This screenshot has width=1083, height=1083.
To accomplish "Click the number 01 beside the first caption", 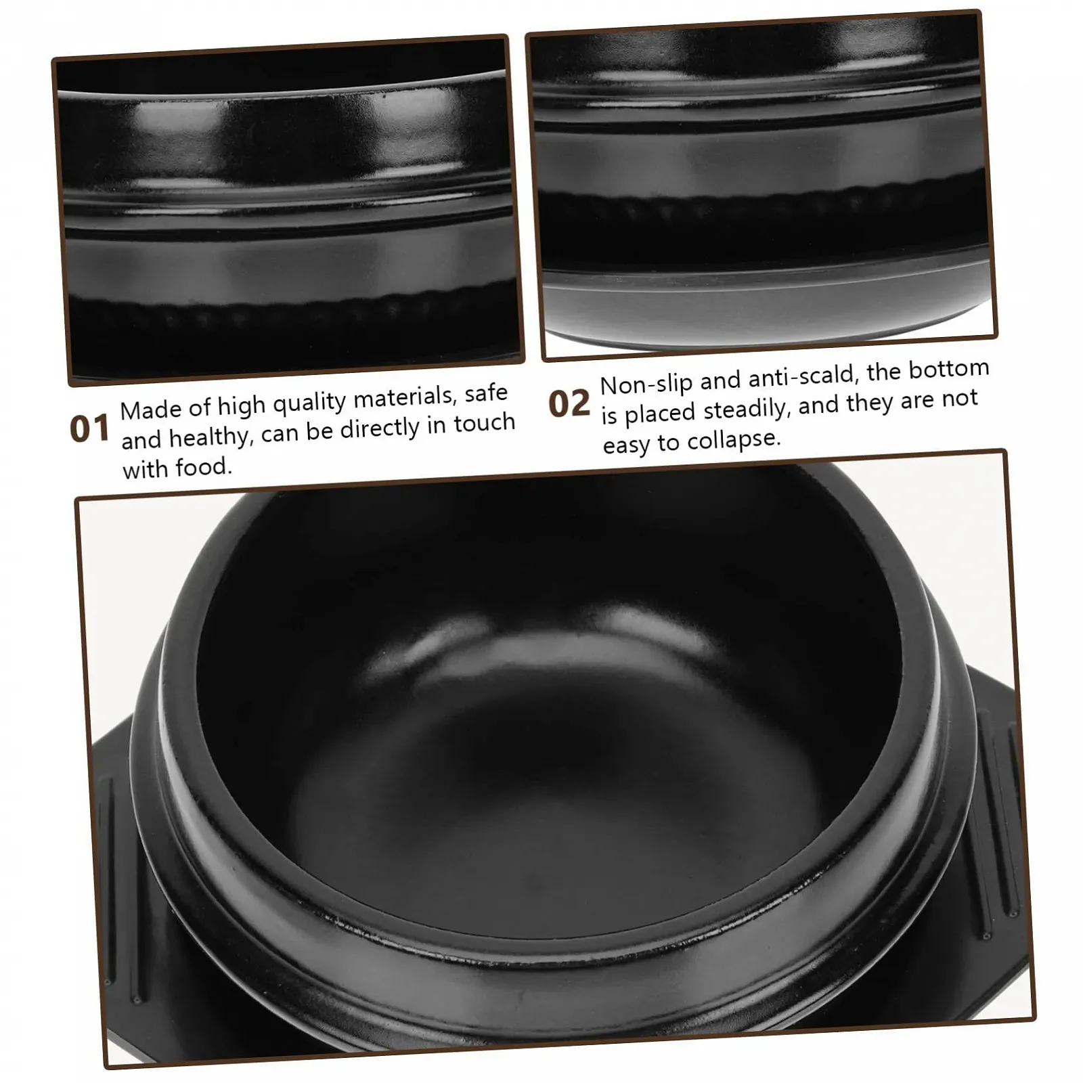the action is pos(89,428).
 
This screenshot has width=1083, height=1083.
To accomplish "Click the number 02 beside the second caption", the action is pos(569,404).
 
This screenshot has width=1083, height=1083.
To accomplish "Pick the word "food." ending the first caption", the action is pos(204,467).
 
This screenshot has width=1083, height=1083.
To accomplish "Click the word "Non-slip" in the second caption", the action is pos(646,384).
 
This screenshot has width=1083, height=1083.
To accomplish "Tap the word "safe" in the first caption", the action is pos(486,393).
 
